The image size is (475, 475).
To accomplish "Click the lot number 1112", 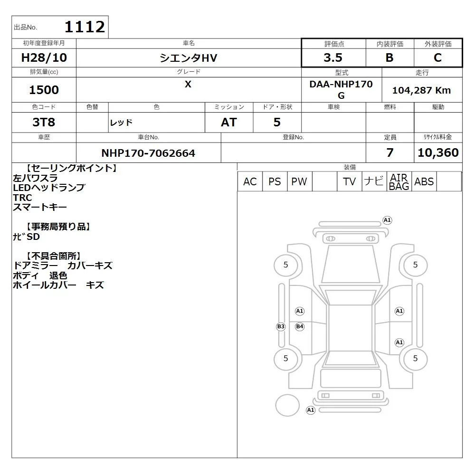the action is click(85, 27).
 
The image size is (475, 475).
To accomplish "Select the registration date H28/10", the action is click(44, 57).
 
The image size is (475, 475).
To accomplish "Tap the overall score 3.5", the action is click(333, 57).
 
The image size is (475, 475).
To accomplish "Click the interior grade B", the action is click(389, 57).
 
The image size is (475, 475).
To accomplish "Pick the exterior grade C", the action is click(438, 57).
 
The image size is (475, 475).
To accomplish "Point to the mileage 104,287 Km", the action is click(421, 90).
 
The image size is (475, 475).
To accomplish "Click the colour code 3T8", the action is click(44, 122).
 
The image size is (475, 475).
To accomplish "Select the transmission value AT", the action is click(229, 122).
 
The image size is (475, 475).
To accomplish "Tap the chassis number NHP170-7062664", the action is click(148, 153).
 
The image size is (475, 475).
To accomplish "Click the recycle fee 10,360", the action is click(438, 152).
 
